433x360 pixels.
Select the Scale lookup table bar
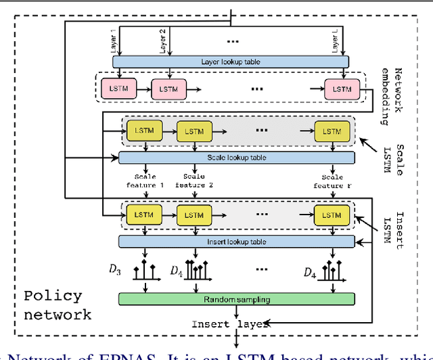click(236, 158)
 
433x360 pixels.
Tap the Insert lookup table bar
click(236, 242)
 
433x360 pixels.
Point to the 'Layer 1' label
click(113, 41)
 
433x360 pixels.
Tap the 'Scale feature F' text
click(332, 181)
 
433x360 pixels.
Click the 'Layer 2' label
click(162, 41)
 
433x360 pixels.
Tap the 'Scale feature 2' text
click(194, 181)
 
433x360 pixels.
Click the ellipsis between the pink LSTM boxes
click(258, 89)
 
